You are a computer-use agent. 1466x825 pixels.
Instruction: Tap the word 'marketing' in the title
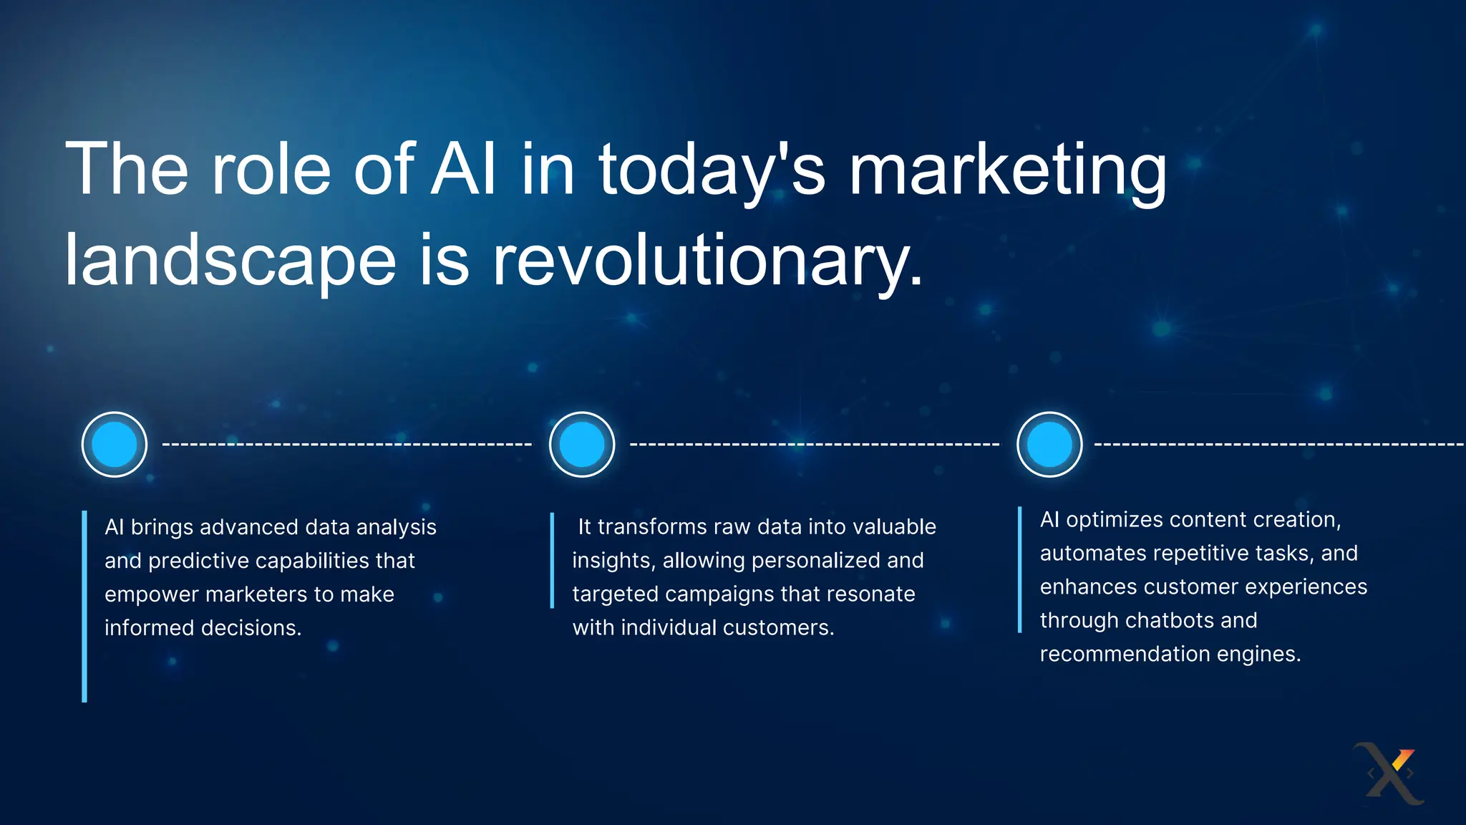1007,170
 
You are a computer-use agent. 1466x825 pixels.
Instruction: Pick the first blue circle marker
115,444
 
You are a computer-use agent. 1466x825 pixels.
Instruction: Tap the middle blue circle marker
582,444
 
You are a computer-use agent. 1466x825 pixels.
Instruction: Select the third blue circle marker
1049,444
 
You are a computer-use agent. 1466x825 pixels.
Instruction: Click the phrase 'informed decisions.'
203,628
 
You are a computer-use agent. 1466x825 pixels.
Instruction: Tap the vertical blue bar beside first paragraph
84,606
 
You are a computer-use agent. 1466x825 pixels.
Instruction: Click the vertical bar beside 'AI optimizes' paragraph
1019,569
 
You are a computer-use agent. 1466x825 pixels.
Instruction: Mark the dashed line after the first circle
347,445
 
